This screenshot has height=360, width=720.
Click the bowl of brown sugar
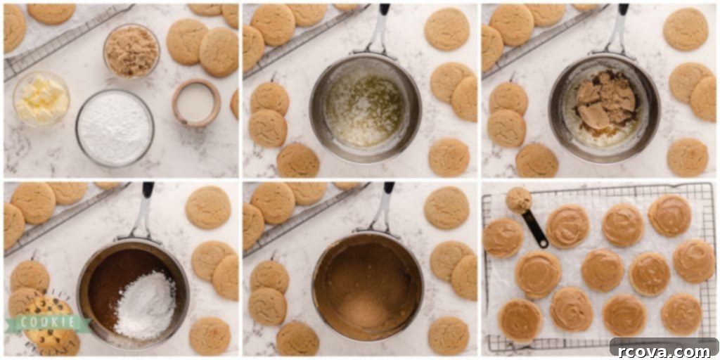[131, 51]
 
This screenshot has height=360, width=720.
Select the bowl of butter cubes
[41, 98]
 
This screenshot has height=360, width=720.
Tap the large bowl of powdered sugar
[115, 128]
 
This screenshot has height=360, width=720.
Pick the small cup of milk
[196, 103]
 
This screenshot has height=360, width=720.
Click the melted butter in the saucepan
[365, 110]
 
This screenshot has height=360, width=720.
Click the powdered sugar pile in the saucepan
[145, 305]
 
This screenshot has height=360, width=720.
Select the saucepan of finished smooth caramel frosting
[367, 287]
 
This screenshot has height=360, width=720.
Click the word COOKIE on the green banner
[49, 322]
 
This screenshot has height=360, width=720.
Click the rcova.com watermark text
[664, 351]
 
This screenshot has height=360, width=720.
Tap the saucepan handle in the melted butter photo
[379, 28]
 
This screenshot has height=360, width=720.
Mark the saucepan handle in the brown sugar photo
[618, 28]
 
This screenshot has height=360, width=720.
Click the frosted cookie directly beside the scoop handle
[567, 226]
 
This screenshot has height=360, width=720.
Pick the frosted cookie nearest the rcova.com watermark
[681, 314]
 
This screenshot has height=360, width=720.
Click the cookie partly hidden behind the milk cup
[235, 104]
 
